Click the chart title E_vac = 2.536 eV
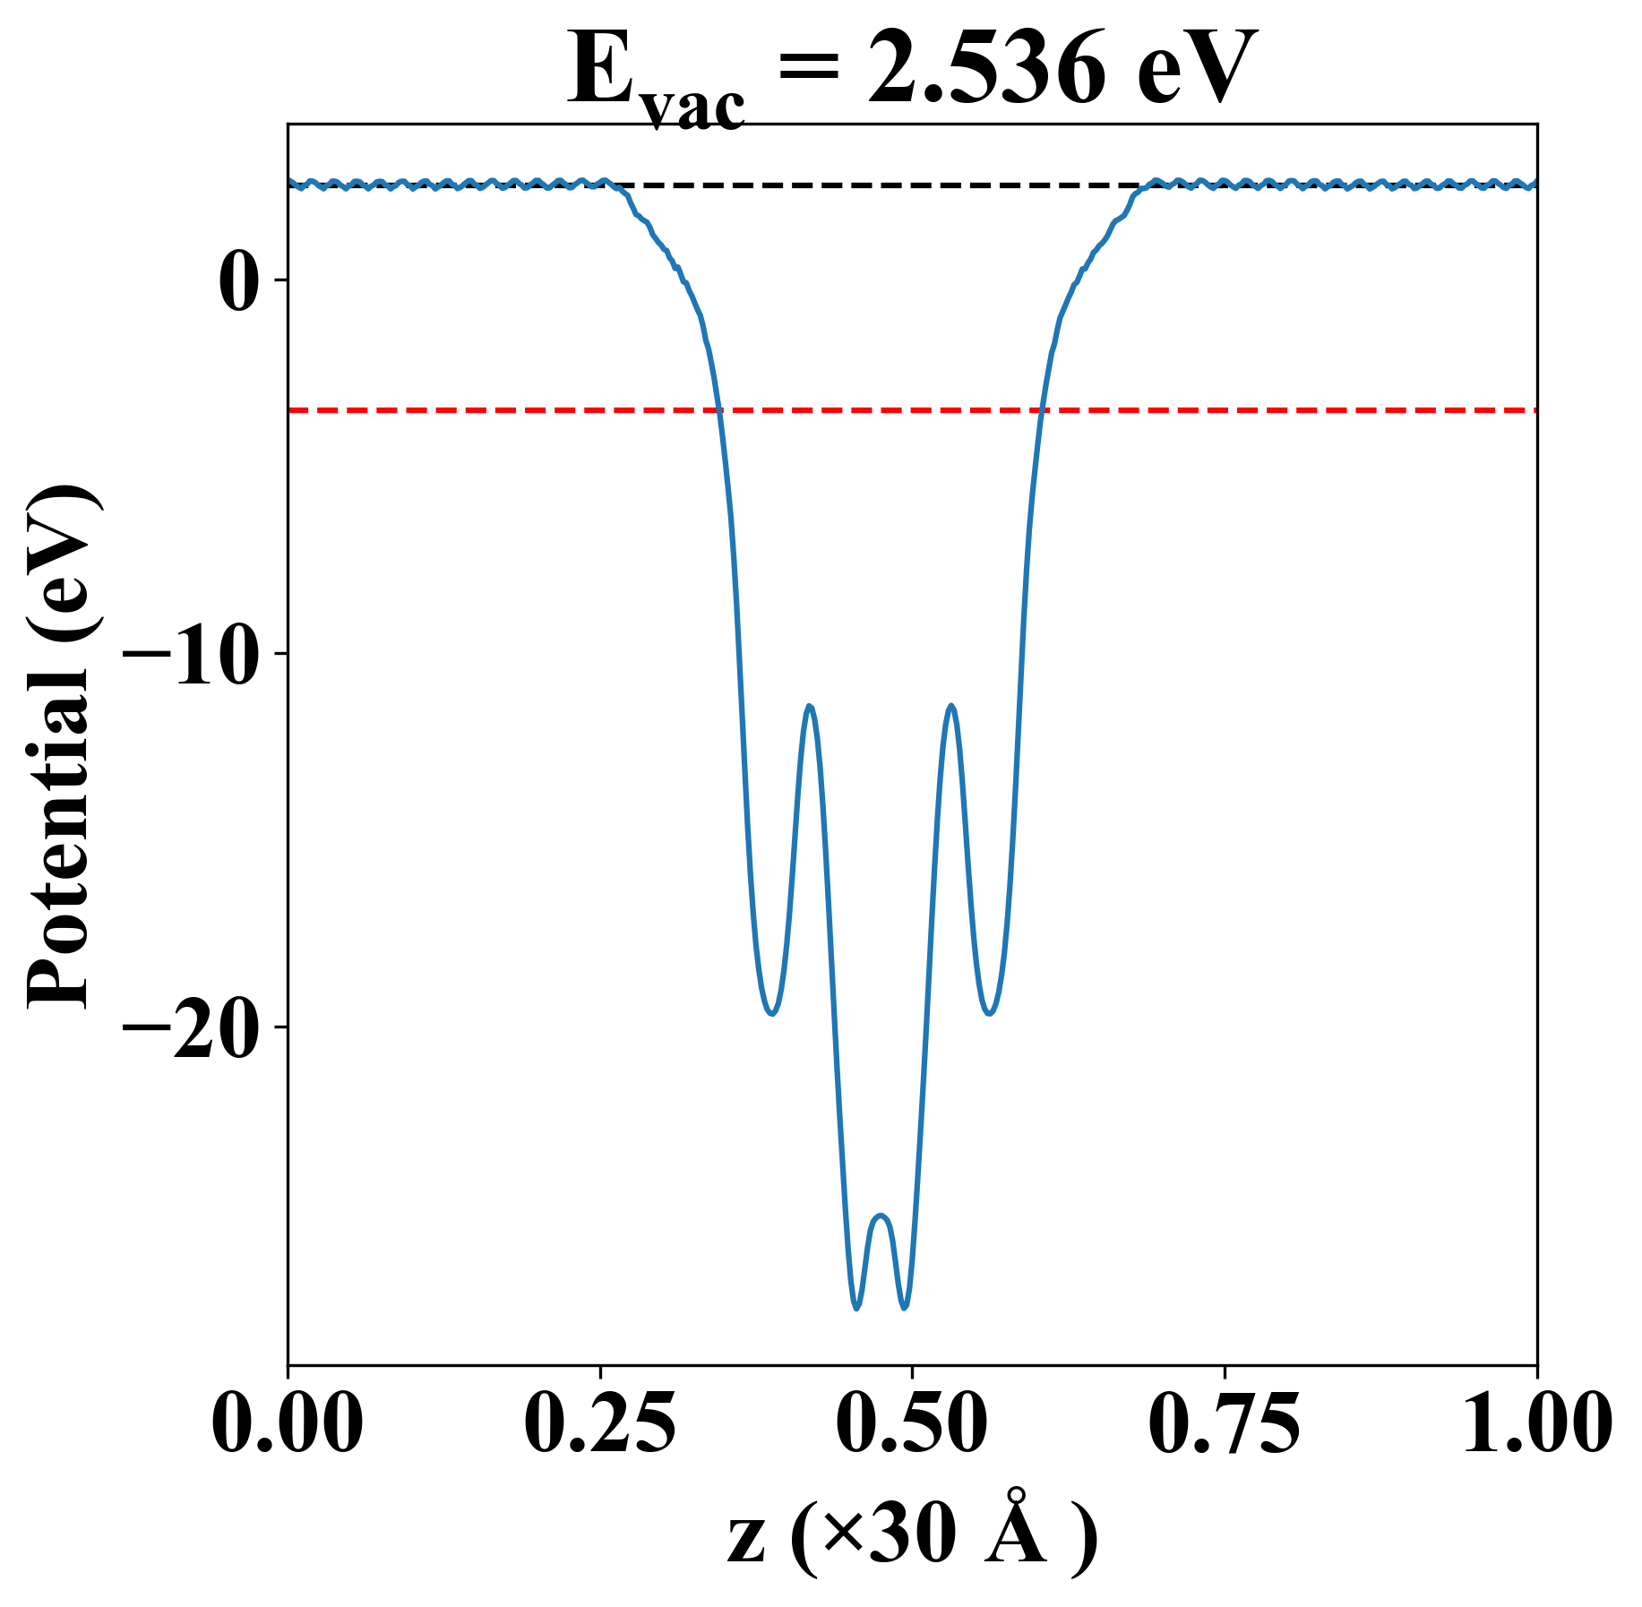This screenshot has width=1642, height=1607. (912, 72)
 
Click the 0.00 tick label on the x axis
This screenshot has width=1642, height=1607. (288, 1423)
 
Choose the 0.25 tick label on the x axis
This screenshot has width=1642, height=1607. (599, 1423)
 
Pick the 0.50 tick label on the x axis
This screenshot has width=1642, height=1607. (912, 1423)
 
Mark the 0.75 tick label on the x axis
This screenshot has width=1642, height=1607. (1224, 1423)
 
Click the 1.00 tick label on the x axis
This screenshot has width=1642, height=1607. (1535, 1423)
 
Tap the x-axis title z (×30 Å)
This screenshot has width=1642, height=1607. (912, 1539)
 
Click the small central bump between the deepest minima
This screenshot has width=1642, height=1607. (881, 1216)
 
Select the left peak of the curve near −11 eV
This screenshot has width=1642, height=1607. (810, 707)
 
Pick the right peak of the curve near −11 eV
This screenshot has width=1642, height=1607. (950, 707)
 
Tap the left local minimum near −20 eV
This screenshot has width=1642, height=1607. (771, 1013)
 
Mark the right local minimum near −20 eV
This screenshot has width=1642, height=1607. (989, 1013)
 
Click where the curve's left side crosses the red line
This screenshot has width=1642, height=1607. (718, 410)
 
